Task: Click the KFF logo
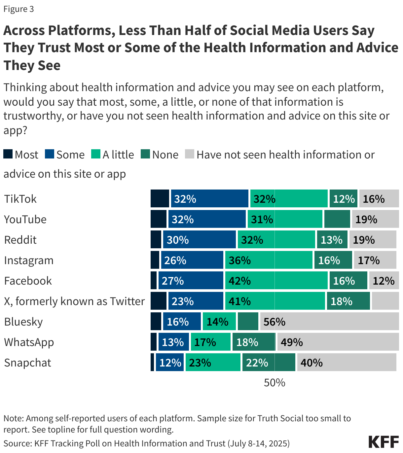(384, 441)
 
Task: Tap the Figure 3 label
(18, 9)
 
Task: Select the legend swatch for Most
(8, 154)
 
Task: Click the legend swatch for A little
(96, 154)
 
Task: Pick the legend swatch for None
(145, 154)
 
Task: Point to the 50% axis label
(275, 383)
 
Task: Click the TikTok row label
(20, 199)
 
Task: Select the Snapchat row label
(27, 363)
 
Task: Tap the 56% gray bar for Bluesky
(329, 322)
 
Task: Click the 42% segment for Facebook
(276, 281)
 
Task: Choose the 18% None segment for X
(348, 301)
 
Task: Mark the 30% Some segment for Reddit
(199, 240)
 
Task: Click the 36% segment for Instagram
(269, 260)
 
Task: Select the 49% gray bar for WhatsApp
(338, 342)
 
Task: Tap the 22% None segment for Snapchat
(269, 363)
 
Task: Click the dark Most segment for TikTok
(160, 199)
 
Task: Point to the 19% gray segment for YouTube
(375, 219)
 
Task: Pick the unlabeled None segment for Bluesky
(248, 322)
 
